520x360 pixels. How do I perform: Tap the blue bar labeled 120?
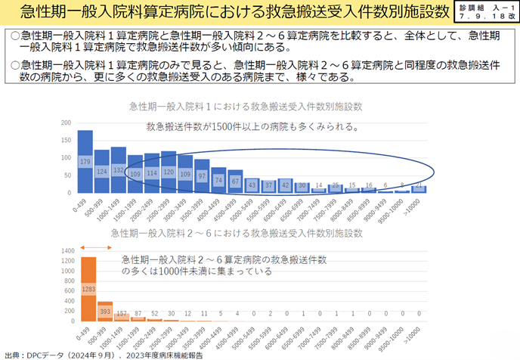coord(169,172)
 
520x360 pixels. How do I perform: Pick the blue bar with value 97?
coord(202,176)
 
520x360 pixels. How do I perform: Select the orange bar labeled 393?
coord(105,312)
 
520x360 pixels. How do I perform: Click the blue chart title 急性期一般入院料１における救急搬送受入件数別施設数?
coord(240,105)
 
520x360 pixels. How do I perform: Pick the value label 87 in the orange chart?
coord(138,313)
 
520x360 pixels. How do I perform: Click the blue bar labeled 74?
coord(218,181)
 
